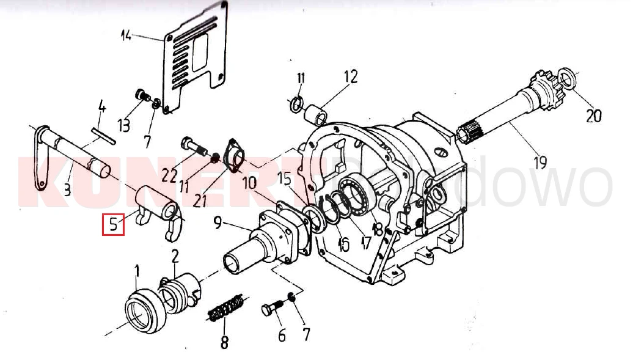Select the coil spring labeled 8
[226, 307]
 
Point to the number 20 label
[594, 115]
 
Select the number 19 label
[539, 163]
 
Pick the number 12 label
[349, 77]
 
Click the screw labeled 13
[142, 96]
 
